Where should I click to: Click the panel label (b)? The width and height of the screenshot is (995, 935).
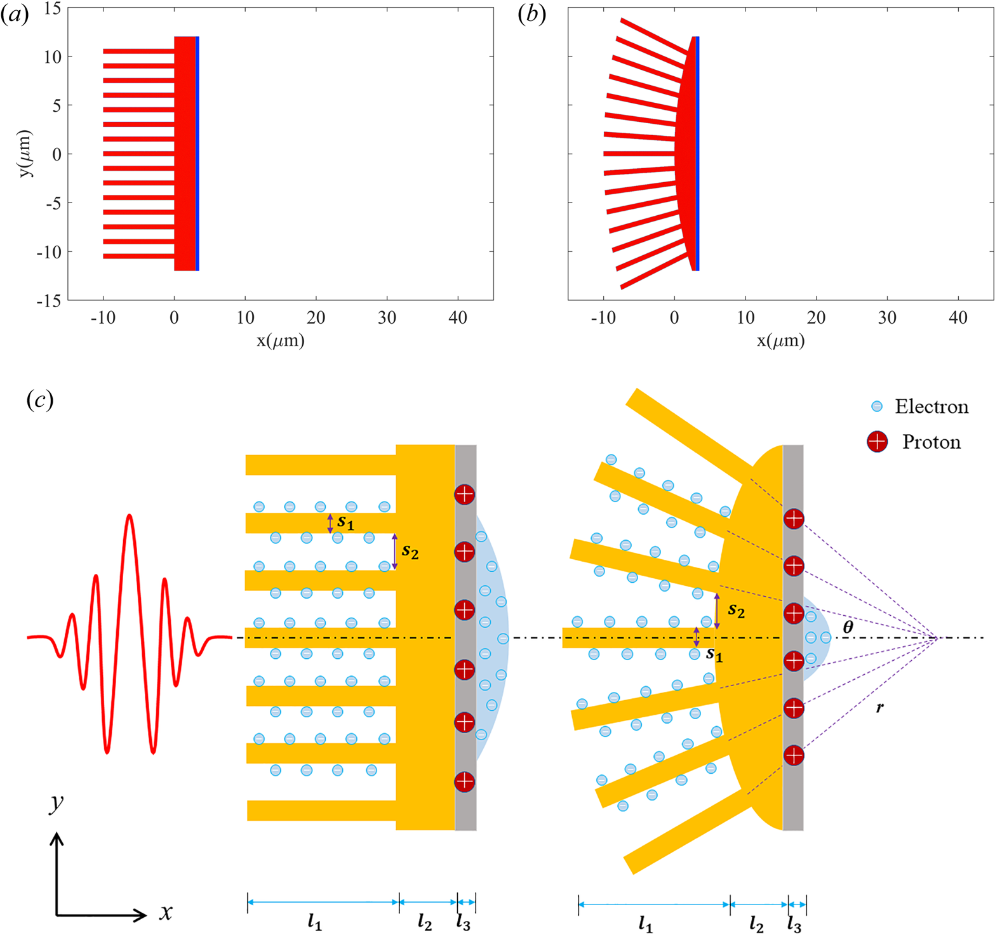(532, 16)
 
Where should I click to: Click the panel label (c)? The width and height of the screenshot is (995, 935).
(40, 400)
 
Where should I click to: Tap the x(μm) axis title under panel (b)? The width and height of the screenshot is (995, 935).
(780, 341)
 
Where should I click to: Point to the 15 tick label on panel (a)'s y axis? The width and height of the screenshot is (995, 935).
(53, 9)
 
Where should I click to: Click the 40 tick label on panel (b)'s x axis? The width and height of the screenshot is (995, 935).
(958, 317)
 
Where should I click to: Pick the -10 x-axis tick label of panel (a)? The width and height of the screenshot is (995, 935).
(102, 317)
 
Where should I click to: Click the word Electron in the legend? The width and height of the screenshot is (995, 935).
(932, 407)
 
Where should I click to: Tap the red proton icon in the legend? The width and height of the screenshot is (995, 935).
(877, 441)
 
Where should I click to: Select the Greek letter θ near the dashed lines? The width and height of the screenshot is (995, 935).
(848, 628)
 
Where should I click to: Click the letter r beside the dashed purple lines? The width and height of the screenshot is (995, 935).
(879, 706)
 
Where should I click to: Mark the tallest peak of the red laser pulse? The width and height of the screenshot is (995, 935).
(130, 515)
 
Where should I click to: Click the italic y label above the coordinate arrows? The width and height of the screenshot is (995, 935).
(57, 803)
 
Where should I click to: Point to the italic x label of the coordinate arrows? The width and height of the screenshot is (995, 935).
(166, 913)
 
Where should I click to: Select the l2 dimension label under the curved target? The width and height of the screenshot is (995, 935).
(756, 924)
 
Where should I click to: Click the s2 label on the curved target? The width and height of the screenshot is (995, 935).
(736, 611)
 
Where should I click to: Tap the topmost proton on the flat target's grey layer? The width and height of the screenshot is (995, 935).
(464, 494)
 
